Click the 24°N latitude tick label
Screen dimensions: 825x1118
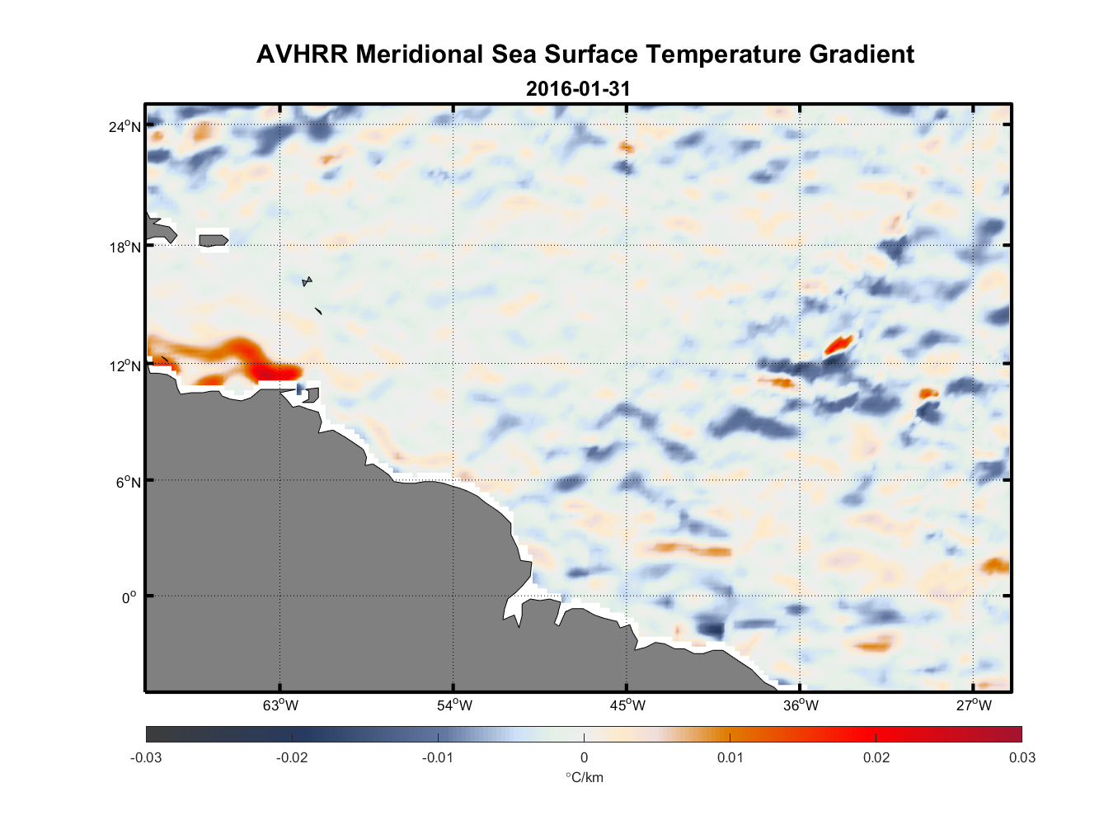point(124,126)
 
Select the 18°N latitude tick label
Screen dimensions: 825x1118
point(124,247)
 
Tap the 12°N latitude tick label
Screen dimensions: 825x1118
point(124,365)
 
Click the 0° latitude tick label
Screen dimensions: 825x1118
point(129,597)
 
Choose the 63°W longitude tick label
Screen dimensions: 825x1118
point(281,705)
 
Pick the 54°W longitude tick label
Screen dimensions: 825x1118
point(454,705)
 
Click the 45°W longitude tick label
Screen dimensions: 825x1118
point(627,705)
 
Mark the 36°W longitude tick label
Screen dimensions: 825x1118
point(801,705)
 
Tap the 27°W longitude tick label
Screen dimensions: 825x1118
point(974,705)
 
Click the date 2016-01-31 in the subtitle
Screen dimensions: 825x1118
point(578,88)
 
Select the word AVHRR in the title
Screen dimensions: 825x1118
point(302,54)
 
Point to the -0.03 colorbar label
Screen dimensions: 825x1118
point(146,757)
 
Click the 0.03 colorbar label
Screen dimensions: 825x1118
point(1022,757)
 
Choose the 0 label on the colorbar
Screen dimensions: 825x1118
point(584,757)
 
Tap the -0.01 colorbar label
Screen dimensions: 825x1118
point(438,757)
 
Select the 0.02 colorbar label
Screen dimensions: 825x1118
point(876,757)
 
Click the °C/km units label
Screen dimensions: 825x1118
point(584,777)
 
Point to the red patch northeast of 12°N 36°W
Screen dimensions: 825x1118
point(838,343)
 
